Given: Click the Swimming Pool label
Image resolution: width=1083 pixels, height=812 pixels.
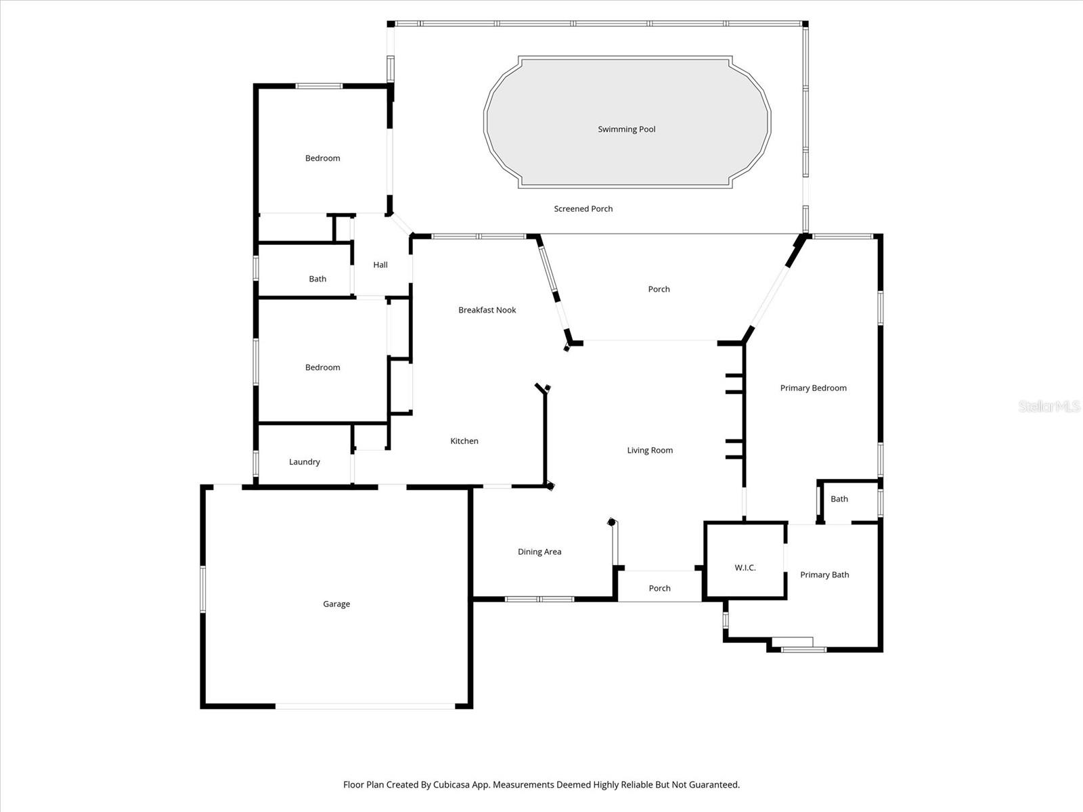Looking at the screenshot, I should point(626,129).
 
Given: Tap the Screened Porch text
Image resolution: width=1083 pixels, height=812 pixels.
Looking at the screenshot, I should point(583,209).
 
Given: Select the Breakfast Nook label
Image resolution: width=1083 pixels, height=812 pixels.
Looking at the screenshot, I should point(487,310).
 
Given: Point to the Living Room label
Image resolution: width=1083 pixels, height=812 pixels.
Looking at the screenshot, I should point(650,450).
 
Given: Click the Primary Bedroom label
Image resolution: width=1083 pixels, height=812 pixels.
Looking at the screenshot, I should point(813,388).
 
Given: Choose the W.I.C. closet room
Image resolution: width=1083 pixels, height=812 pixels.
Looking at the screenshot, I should point(745,567).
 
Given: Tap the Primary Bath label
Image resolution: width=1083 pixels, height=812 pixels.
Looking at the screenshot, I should point(824,574).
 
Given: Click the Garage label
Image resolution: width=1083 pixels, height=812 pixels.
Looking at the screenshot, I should point(336,604).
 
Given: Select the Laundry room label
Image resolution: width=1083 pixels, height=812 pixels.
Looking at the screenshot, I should point(304,461).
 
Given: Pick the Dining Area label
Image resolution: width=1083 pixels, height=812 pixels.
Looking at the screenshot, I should point(539,551).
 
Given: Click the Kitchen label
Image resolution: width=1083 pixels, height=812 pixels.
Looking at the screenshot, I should point(464,441).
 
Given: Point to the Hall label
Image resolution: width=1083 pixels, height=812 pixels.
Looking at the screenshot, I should point(380,265).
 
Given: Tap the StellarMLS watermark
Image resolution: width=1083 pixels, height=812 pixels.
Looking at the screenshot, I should point(1048,406).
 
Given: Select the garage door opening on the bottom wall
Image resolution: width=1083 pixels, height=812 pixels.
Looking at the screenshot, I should point(366,706).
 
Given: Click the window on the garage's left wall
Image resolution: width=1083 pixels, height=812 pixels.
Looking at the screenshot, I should point(202,589).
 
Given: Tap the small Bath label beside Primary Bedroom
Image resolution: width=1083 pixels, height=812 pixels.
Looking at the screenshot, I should point(839,499).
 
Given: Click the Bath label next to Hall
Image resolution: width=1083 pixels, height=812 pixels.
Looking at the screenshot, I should point(317,279).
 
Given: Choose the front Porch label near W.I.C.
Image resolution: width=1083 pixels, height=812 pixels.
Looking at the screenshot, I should point(659,588).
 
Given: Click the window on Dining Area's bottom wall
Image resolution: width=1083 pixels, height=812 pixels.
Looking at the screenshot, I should point(539,599).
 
